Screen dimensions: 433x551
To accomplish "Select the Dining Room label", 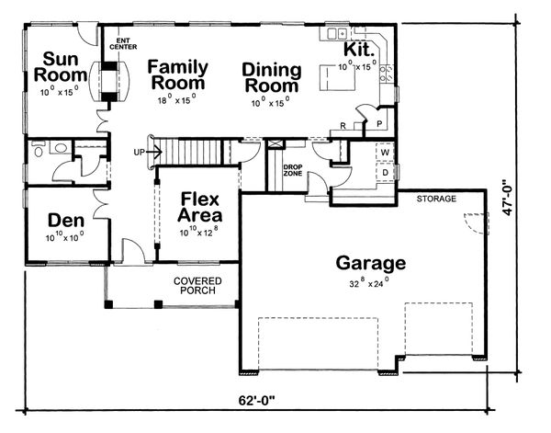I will (x=272, y=79).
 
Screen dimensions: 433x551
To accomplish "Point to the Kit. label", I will (x=357, y=50).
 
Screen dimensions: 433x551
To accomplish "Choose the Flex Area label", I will (x=198, y=208).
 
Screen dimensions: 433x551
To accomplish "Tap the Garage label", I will (x=370, y=262).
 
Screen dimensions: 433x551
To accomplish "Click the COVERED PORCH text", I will (x=197, y=285).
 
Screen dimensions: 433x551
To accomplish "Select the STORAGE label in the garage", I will (x=435, y=199).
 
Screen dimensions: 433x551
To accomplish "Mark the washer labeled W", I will (x=383, y=153).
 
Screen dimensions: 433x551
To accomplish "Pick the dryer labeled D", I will (x=383, y=171).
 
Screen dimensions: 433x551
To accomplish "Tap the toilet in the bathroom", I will (x=58, y=147).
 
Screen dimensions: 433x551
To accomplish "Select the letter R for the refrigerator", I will (x=343, y=125).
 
